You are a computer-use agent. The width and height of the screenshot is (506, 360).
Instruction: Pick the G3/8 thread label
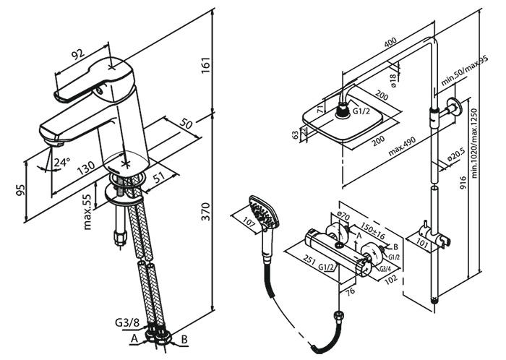click(126, 323)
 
